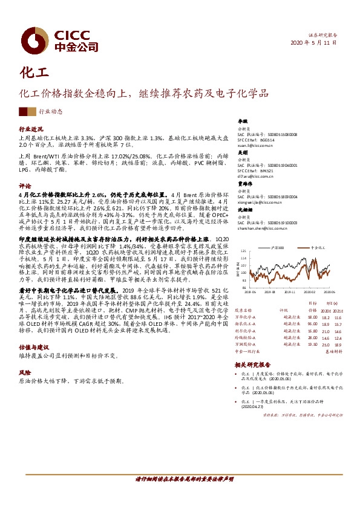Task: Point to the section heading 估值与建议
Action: tap(33, 348)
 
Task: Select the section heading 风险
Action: tap(24, 373)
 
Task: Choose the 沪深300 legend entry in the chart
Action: tap(278, 248)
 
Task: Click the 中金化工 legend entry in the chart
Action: tap(318, 248)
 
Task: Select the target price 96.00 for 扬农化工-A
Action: tap(312, 324)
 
